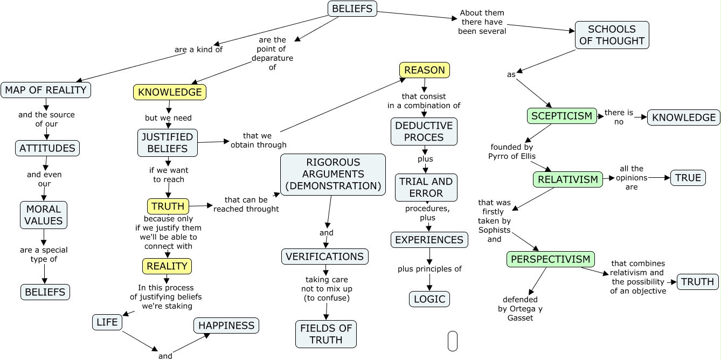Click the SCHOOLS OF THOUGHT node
[612, 35]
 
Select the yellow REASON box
[424, 70]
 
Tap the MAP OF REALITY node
[46, 90]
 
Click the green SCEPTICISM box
[561, 116]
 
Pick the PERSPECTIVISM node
[550, 259]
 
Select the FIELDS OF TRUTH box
[325, 334]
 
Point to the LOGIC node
[429, 299]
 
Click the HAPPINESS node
[226, 326]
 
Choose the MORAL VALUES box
[44, 214]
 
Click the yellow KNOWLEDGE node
[170, 92]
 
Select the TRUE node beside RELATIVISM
[688, 178]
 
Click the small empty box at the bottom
[452, 341]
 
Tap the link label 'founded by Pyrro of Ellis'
[512, 151]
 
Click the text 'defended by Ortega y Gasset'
[520, 309]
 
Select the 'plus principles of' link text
[429, 269]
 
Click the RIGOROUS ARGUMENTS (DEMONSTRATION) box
[332, 174]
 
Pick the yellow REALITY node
[167, 266]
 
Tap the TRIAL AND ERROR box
[426, 187]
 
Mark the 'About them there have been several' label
[482, 22]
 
